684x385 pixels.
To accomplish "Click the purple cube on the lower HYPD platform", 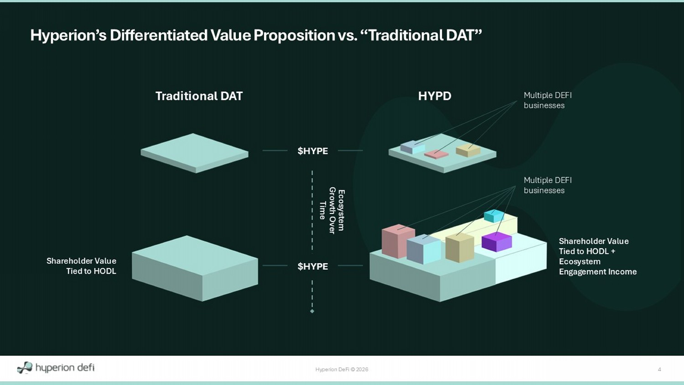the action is pos(497,242).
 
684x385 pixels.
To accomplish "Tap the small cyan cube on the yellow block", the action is pos(493,216).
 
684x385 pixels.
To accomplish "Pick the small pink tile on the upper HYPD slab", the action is pos(436,154).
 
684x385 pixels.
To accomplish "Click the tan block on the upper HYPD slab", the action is pos(468,151).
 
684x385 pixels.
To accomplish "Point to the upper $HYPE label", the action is pos(313,151).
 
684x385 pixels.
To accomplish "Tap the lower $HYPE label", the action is pos(313,266).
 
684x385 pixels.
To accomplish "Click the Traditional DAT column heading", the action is pos(199,96).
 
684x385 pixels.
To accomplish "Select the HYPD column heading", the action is pos(435,96).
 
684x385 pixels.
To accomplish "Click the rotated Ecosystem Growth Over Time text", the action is pos(332,210).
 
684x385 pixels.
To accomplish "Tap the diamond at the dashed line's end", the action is pos(312,311).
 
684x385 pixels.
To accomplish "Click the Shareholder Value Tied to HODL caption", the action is pos(81,266).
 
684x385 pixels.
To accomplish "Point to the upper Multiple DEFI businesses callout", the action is pos(548,100).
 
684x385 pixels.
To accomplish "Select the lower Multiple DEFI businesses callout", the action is pos(548,185).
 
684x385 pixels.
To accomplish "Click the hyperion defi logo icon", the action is pos(25,368).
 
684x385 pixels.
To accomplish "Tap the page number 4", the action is pos(659,369).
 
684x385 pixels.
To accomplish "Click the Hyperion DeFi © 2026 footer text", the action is pos(342,369).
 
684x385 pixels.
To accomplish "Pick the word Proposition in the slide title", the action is pos(294,35).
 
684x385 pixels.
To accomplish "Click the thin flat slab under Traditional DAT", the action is pos(195,153).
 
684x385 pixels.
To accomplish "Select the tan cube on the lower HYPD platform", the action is pos(460,248).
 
